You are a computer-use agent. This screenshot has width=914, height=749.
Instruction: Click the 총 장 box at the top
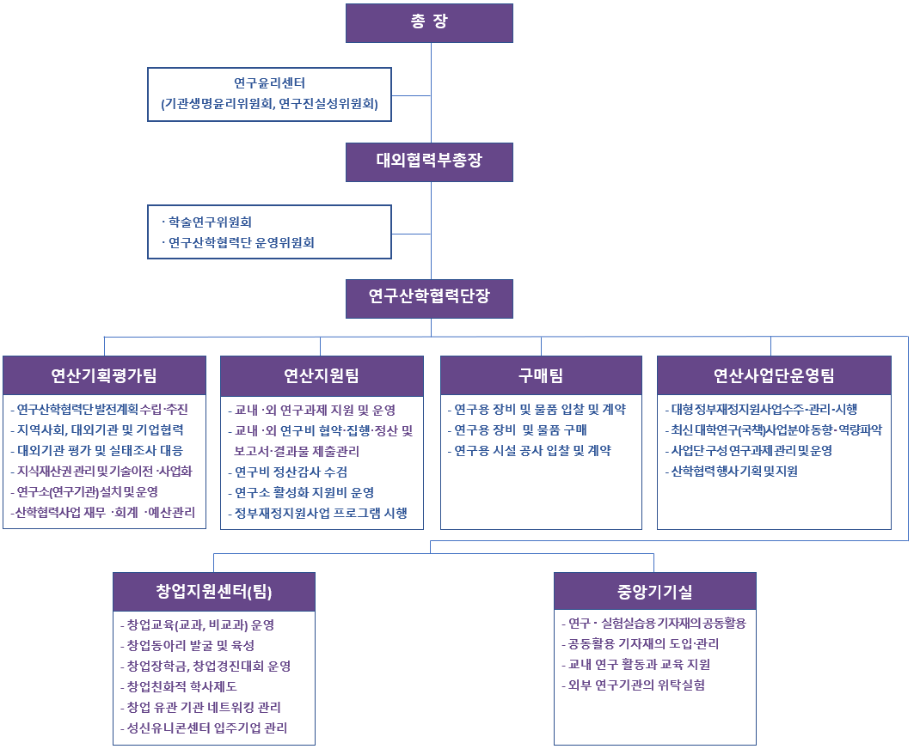(x=429, y=23)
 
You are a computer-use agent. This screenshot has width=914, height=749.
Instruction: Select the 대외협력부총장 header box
(x=429, y=161)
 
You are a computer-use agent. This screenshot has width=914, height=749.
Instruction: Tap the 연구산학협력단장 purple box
(x=429, y=298)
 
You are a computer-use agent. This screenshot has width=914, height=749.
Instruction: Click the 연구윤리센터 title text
(x=269, y=83)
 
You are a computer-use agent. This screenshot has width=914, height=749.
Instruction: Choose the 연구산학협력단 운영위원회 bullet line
(x=241, y=242)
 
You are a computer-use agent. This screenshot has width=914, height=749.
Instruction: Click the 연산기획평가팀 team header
(x=104, y=375)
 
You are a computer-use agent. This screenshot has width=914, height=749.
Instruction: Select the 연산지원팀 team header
(x=322, y=375)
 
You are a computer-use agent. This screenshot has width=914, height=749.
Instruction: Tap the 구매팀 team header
(x=541, y=375)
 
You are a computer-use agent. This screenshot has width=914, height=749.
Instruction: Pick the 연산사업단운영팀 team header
(x=774, y=375)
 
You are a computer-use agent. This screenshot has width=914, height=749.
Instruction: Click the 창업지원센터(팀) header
(x=214, y=592)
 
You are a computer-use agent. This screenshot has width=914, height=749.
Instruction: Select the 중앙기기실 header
(x=654, y=592)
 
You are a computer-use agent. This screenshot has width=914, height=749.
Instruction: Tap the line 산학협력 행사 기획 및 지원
(x=733, y=471)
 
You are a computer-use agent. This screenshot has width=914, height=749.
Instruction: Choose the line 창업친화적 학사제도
(x=181, y=686)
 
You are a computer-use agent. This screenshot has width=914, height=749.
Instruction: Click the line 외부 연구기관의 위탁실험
(x=637, y=685)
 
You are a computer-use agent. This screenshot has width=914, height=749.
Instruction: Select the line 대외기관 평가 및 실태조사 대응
(x=100, y=450)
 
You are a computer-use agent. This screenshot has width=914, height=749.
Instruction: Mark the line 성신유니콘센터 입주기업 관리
(x=206, y=728)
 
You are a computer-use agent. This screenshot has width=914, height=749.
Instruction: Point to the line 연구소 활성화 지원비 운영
(x=304, y=492)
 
